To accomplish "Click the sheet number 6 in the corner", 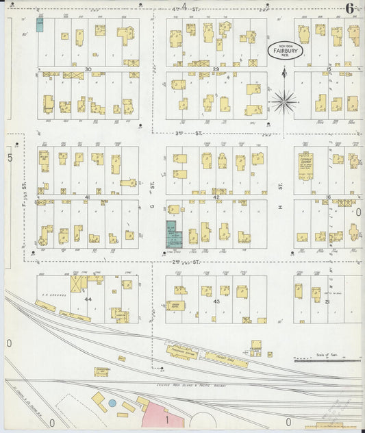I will (349, 9).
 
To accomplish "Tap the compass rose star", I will (284, 102).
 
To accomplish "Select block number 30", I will (88, 69).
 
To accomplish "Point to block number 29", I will (216, 69).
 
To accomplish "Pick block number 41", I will (87, 197).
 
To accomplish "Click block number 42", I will (216, 197).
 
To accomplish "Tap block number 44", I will (88, 300).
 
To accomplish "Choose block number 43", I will (216, 301).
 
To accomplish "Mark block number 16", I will (329, 197).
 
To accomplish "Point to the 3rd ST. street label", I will (180, 134).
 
